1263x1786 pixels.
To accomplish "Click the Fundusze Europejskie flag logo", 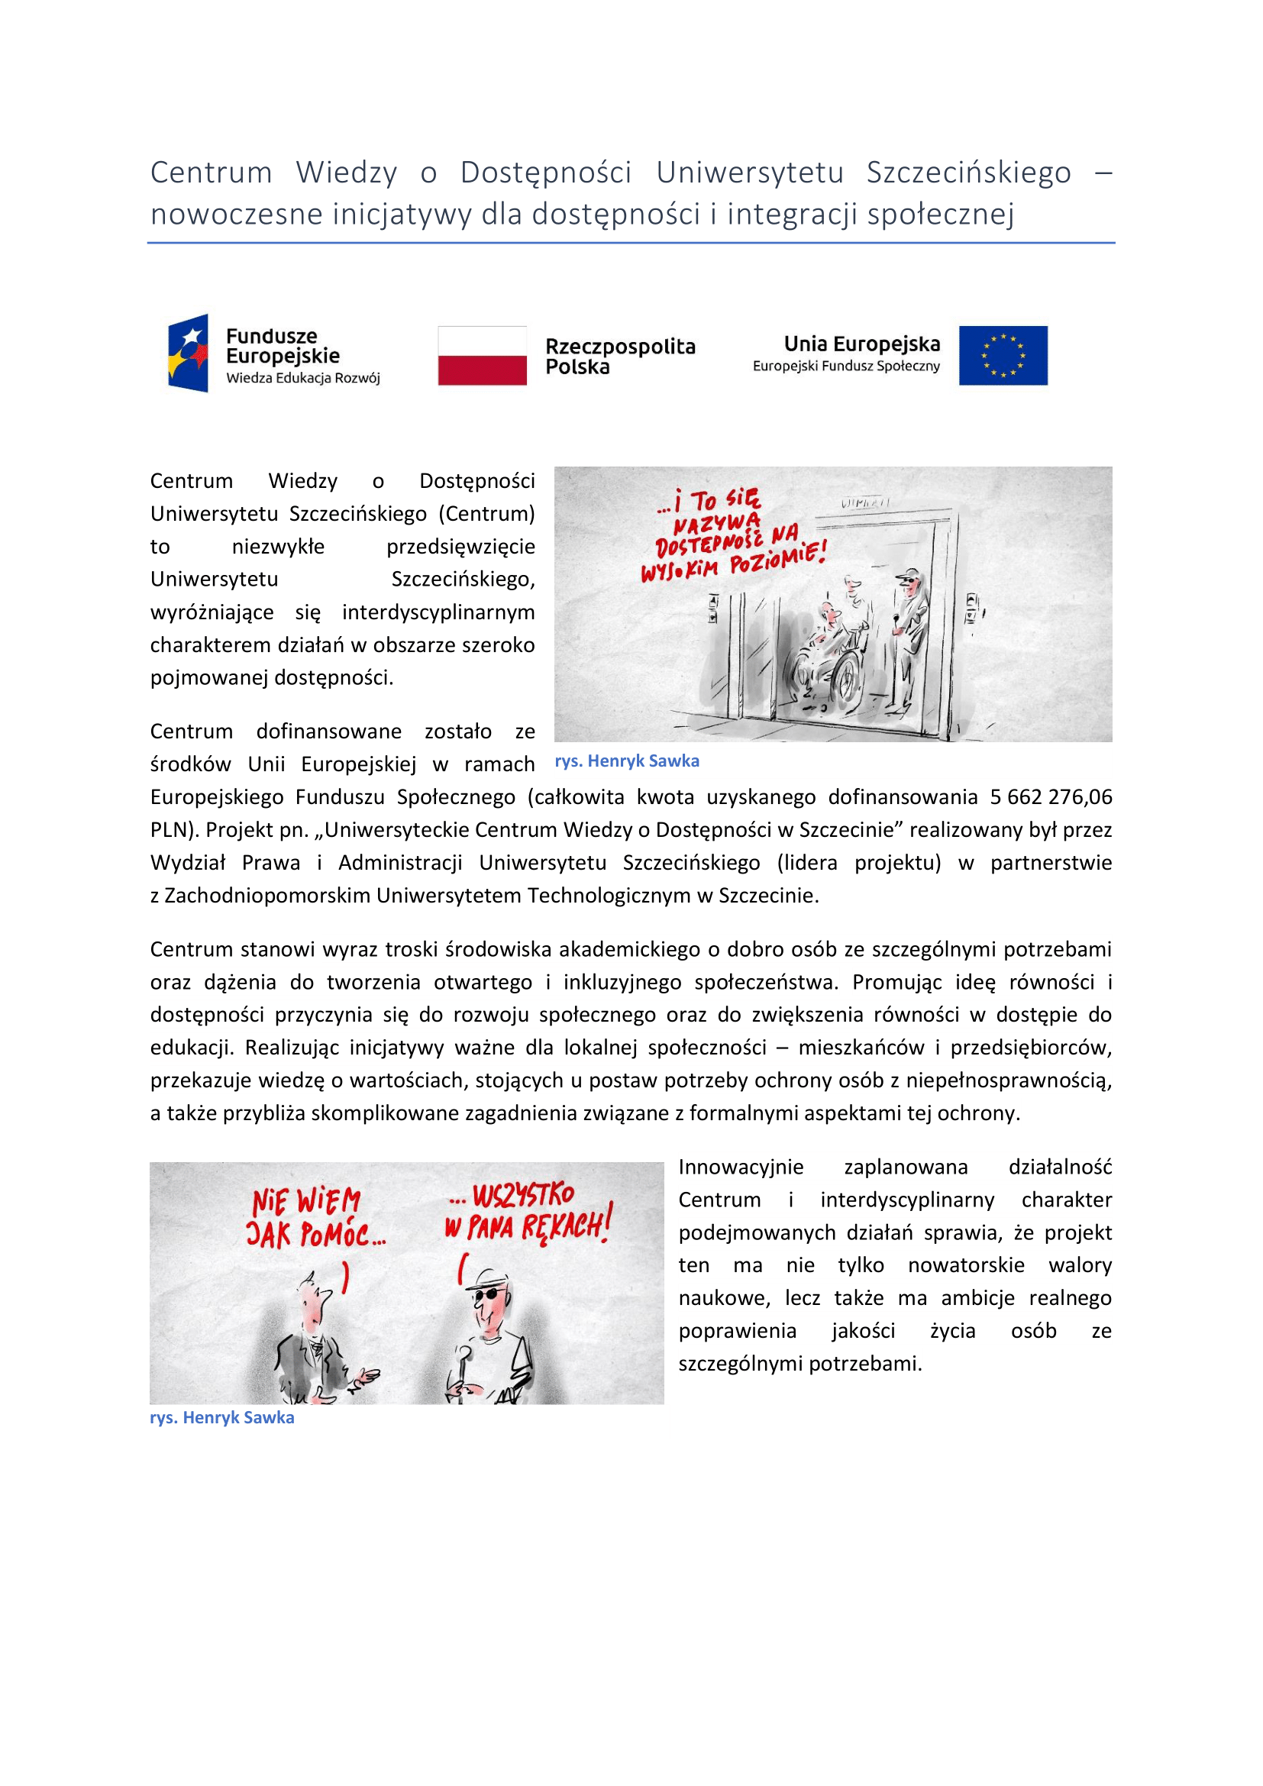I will click(188, 354).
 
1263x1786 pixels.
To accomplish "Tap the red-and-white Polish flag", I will click(482, 356).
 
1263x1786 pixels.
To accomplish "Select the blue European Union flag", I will click(1003, 356).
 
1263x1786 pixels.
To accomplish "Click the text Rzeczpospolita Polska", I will click(620, 357).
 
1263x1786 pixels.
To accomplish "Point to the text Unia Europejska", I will click(861, 344).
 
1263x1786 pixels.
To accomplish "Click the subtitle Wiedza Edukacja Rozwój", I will click(302, 378).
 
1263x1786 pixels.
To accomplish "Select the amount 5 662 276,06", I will click(1051, 796).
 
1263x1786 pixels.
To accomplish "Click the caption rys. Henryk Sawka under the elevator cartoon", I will click(627, 761).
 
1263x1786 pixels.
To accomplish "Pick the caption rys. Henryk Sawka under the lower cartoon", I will click(221, 1417).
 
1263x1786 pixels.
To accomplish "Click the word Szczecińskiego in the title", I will click(968, 173).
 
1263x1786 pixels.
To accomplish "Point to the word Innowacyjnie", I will click(741, 1167).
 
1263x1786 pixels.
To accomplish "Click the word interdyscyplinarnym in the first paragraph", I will click(438, 612).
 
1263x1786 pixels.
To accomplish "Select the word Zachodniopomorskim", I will click(266, 896).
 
